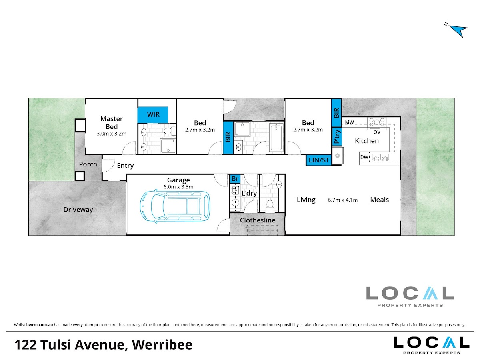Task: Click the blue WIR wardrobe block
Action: (153, 115)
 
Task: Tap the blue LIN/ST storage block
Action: (318, 160)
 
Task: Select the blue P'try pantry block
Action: (336, 136)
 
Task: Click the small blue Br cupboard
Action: (235, 179)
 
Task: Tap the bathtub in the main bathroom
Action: (276, 137)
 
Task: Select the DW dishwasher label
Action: (364, 157)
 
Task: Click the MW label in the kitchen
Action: (350, 122)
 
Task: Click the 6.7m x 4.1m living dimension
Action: (343, 200)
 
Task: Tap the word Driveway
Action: (78, 210)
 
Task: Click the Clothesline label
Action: (257, 220)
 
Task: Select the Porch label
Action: (88, 164)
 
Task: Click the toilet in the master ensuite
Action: (170, 131)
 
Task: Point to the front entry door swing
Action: (109, 165)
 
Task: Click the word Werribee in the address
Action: (162, 345)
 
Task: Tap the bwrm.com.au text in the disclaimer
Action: (40, 325)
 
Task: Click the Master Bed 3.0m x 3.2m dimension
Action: (112, 134)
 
